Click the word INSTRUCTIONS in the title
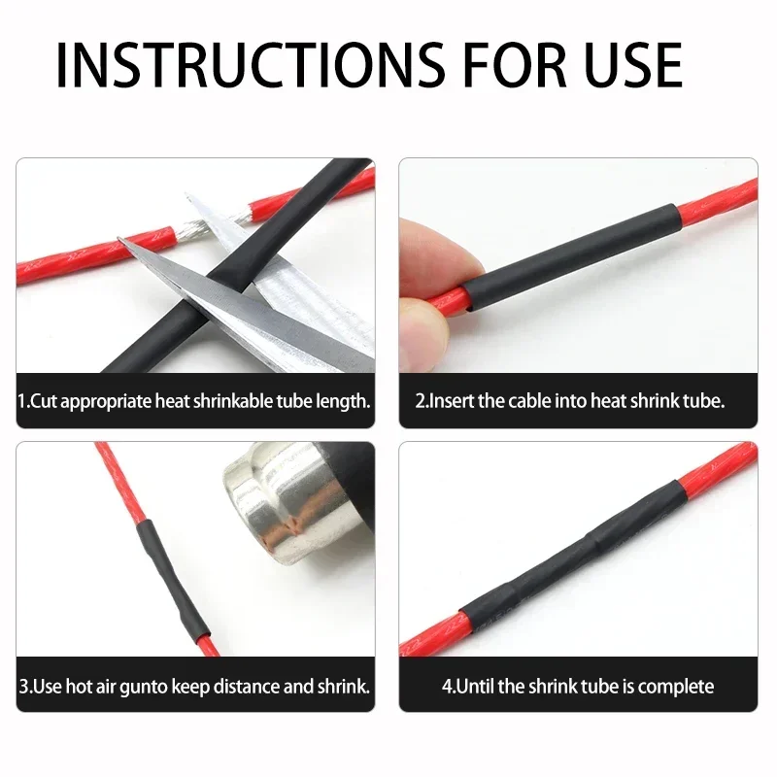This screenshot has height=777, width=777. click(251, 65)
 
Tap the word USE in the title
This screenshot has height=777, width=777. click(634, 65)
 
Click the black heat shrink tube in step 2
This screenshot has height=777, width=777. click(571, 257)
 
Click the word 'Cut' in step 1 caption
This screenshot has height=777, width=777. click(42, 401)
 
